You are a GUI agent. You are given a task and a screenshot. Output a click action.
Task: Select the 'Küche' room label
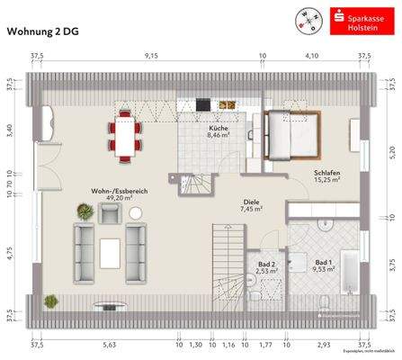[x=218, y=130]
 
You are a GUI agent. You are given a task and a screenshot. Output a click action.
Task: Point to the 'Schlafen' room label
[x=326, y=173]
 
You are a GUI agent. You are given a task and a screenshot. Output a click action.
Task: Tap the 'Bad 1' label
[x=323, y=263]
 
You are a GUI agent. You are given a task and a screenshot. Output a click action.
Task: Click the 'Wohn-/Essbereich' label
[x=113, y=191]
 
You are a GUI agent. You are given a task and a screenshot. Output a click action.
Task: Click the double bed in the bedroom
[x=290, y=133]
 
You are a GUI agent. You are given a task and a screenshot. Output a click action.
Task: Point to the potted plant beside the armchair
[x=85, y=212]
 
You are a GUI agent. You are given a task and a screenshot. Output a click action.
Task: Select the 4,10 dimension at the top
[x=311, y=56]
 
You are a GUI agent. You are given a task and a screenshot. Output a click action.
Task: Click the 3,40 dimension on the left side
[x=10, y=130]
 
